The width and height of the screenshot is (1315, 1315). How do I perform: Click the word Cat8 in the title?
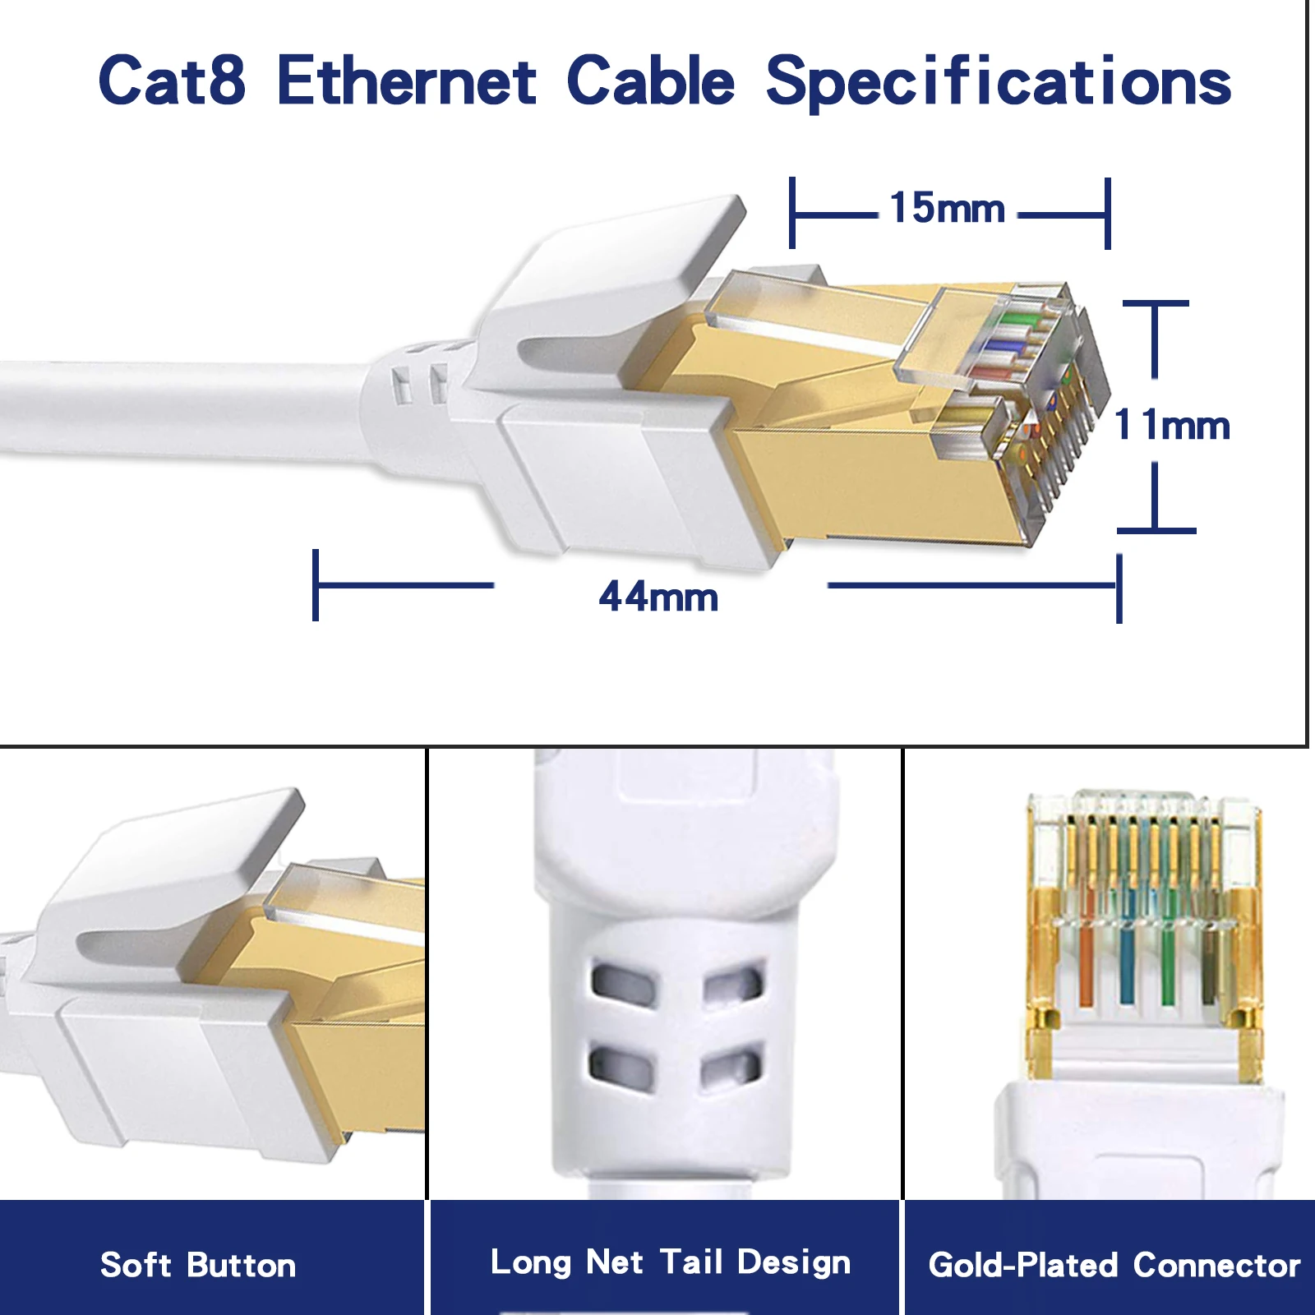(172, 80)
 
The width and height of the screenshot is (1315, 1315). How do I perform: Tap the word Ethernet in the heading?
(407, 80)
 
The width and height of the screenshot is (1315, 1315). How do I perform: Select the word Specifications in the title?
(998, 81)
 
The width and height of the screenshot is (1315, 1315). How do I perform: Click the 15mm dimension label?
(948, 208)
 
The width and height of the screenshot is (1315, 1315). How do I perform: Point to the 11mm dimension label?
(1172, 425)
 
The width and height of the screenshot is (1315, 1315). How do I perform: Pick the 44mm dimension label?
(658, 597)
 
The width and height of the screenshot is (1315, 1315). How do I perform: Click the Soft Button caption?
(198, 1265)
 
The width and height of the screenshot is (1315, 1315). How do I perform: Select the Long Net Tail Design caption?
(670, 1262)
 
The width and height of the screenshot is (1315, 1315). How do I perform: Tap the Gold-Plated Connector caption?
(1114, 1265)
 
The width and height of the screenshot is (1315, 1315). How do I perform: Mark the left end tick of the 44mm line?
(316, 585)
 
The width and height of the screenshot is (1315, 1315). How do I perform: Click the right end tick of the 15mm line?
(1108, 214)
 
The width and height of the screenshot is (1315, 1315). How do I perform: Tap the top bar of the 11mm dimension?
(1156, 304)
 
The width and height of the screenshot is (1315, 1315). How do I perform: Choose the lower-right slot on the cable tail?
(731, 1066)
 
